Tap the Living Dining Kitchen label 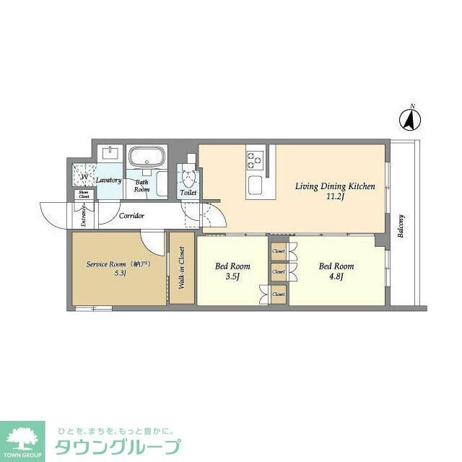click(x=335, y=191)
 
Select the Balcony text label click(x=401, y=227)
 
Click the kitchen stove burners click(x=255, y=158)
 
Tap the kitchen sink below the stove click(x=257, y=185)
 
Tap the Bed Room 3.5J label click(x=232, y=271)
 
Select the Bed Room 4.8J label click(x=336, y=271)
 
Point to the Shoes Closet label click(x=84, y=194)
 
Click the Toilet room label click(x=188, y=193)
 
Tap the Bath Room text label click(x=142, y=186)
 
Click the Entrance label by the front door click(x=84, y=215)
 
